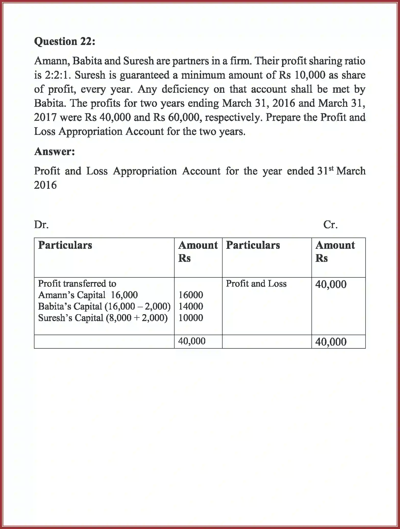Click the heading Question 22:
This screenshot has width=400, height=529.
coord(65,41)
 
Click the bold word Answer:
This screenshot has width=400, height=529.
coord(54,151)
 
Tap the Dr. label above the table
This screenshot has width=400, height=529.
coord(41,225)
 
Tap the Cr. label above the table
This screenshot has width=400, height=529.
coord(330,225)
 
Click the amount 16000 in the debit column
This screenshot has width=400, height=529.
coord(190,295)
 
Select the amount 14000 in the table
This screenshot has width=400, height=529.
coord(190,306)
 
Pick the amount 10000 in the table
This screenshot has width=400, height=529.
coord(190,318)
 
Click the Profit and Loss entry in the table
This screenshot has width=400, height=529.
coord(256,284)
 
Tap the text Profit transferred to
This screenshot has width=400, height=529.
coord(77,284)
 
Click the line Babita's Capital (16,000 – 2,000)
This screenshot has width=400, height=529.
coord(104,306)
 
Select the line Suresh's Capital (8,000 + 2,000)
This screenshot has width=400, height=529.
coord(103,318)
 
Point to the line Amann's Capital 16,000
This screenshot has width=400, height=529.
coord(88,295)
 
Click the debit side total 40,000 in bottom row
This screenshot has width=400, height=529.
coord(192,341)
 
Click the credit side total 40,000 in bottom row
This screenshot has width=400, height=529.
coord(331,342)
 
